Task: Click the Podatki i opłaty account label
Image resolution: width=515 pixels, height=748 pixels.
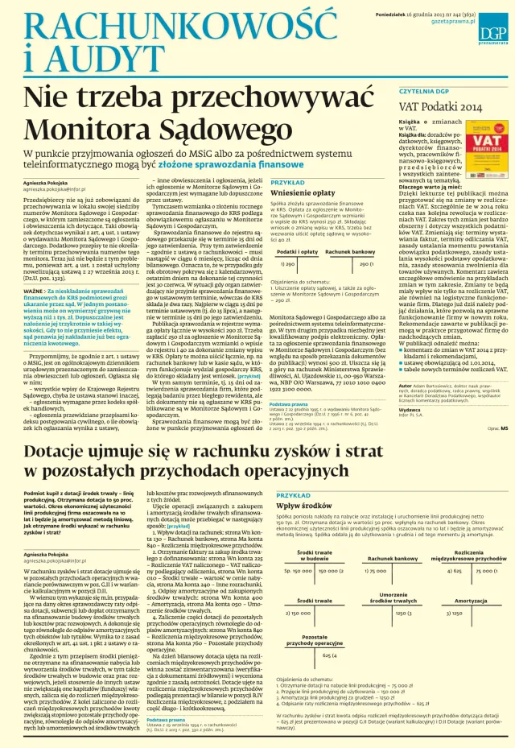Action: click(297, 252)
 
